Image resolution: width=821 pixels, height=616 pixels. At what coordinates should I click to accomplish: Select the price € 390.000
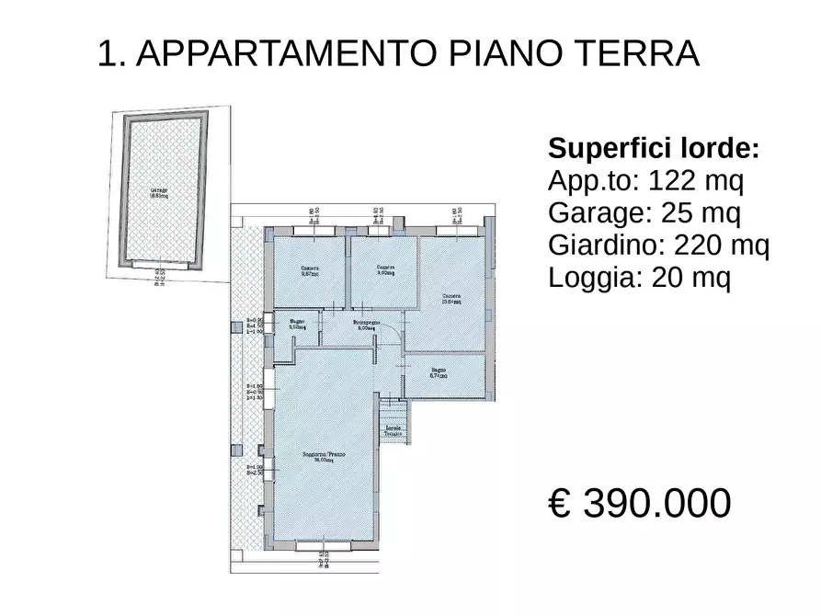click(640, 503)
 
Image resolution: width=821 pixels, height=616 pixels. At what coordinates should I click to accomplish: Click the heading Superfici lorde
click(654, 148)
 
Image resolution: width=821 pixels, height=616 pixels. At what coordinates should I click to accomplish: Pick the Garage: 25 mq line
click(644, 213)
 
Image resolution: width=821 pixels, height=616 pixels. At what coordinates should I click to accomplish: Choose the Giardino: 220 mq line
click(658, 245)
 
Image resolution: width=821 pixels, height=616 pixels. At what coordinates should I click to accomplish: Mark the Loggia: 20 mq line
click(640, 278)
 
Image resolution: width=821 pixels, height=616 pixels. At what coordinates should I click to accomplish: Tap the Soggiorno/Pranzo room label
click(325, 458)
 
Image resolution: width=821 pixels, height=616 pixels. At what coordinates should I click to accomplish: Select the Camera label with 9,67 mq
click(309, 270)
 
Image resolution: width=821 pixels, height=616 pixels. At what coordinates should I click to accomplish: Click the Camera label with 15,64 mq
click(450, 298)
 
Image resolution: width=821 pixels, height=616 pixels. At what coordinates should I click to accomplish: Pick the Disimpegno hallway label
click(366, 325)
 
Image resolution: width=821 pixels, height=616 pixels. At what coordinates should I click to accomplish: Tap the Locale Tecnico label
click(393, 432)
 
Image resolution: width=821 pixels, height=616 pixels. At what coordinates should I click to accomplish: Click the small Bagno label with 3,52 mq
click(297, 325)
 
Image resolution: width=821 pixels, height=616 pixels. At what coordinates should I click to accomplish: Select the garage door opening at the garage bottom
click(159, 265)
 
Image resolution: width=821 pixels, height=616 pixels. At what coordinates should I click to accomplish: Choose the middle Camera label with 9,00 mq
click(385, 270)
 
